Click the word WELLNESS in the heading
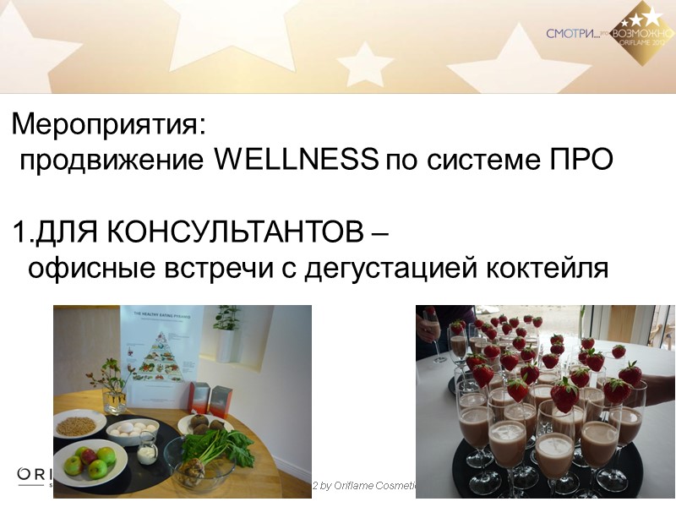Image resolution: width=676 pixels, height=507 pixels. tap(296, 160)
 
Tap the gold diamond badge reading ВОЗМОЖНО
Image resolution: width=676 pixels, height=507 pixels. tap(649, 35)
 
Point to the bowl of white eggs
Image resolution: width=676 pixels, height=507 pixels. tap(133, 428)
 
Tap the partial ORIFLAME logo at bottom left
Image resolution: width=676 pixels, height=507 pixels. tap(34, 473)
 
